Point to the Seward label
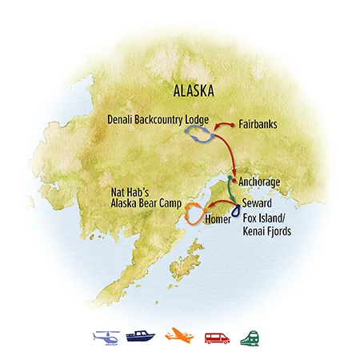click(x=259, y=203)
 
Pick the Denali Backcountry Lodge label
click(x=158, y=120)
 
